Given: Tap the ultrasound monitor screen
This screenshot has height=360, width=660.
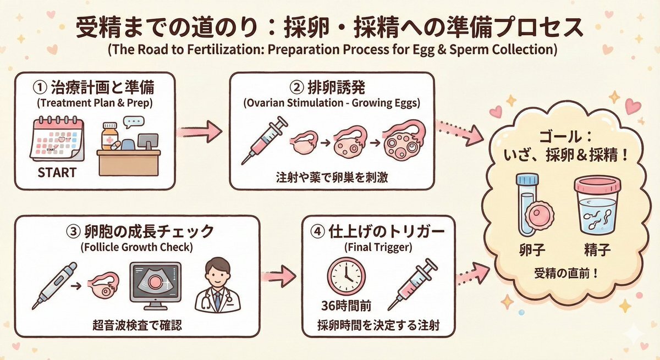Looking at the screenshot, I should coord(155,284).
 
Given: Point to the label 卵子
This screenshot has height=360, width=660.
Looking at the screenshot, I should coord(531,252).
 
